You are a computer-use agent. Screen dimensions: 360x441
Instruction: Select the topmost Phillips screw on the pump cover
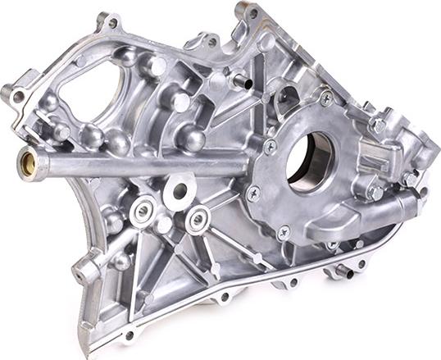[x=325, y=98]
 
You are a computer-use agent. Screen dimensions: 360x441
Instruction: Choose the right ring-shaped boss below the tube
[x=197, y=219]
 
